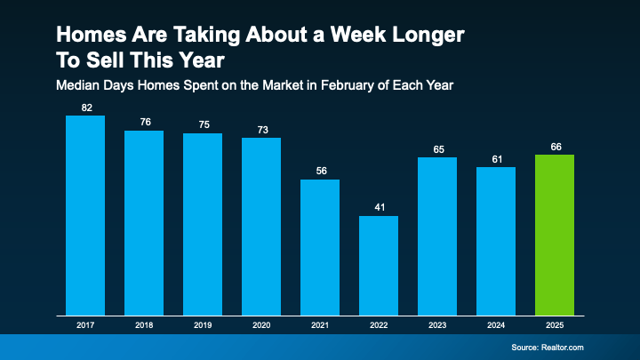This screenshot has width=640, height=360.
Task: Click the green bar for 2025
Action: click(x=555, y=235)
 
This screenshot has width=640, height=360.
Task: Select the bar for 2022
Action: click(x=379, y=265)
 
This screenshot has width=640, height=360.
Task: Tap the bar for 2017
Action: click(x=85, y=215)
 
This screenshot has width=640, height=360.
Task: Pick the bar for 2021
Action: click(x=320, y=247)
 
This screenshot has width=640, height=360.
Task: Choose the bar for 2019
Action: click(x=203, y=224)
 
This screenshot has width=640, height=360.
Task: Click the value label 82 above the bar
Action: click(x=85, y=108)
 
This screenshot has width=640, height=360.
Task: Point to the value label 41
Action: click(x=379, y=208)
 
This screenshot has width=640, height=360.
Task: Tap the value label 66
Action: click(x=555, y=147)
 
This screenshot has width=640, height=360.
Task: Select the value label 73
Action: click(x=261, y=130)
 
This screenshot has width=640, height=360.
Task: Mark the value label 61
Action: click(x=496, y=159)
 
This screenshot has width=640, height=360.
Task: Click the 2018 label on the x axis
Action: click(x=144, y=326)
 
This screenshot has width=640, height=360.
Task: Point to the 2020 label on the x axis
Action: click(x=261, y=326)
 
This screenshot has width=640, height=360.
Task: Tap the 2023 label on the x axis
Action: click(x=437, y=326)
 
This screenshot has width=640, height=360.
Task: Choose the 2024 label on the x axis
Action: click(x=496, y=326)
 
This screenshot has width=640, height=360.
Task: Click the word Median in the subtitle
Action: click(x=78, y=85)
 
